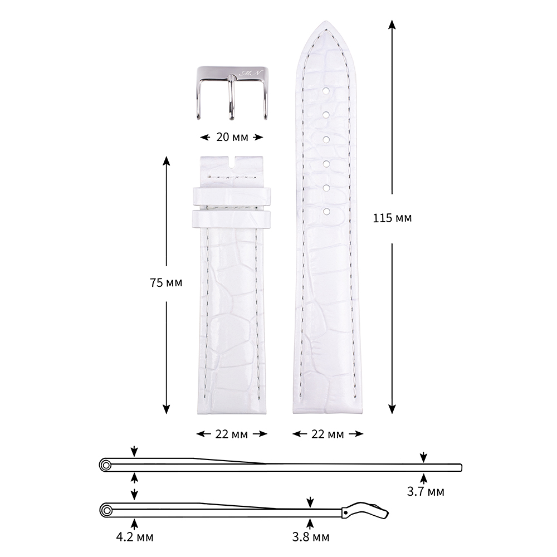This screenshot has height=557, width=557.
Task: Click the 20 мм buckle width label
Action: coord(232,137)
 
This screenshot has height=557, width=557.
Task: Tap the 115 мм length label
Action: coord(392,218)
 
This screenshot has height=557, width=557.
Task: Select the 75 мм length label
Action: coord(166,283)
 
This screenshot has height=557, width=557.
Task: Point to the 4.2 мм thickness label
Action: coord(135,537)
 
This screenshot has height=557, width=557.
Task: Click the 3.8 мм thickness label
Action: coord(310,537)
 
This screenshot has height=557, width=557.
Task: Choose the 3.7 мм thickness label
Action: coord(426,492)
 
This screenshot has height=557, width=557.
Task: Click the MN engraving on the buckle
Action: coord(251,73)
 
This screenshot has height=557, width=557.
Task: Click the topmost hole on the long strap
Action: coord(326,91)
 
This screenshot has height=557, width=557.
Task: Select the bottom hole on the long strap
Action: coord(326,212)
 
